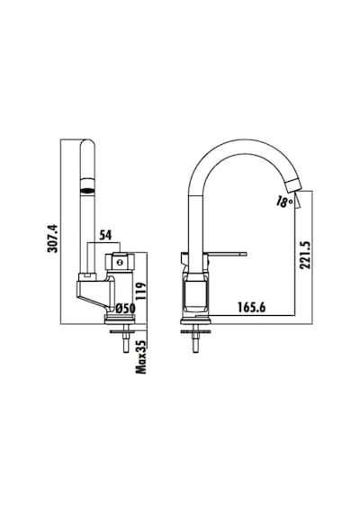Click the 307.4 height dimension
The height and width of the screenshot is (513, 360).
(53, 238)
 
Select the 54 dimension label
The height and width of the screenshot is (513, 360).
(105, 235)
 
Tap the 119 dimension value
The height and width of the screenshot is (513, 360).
(139, 292)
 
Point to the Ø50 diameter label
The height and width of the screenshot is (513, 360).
(126, 308)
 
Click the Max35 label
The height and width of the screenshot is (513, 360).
(141, 355)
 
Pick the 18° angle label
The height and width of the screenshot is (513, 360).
(283, 202)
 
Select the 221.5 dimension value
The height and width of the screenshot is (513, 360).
(305, 256)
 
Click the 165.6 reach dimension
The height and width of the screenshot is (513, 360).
(251, 308)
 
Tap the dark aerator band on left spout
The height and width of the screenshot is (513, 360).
(87, 189)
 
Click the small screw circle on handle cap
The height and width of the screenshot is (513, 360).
(120, 262)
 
